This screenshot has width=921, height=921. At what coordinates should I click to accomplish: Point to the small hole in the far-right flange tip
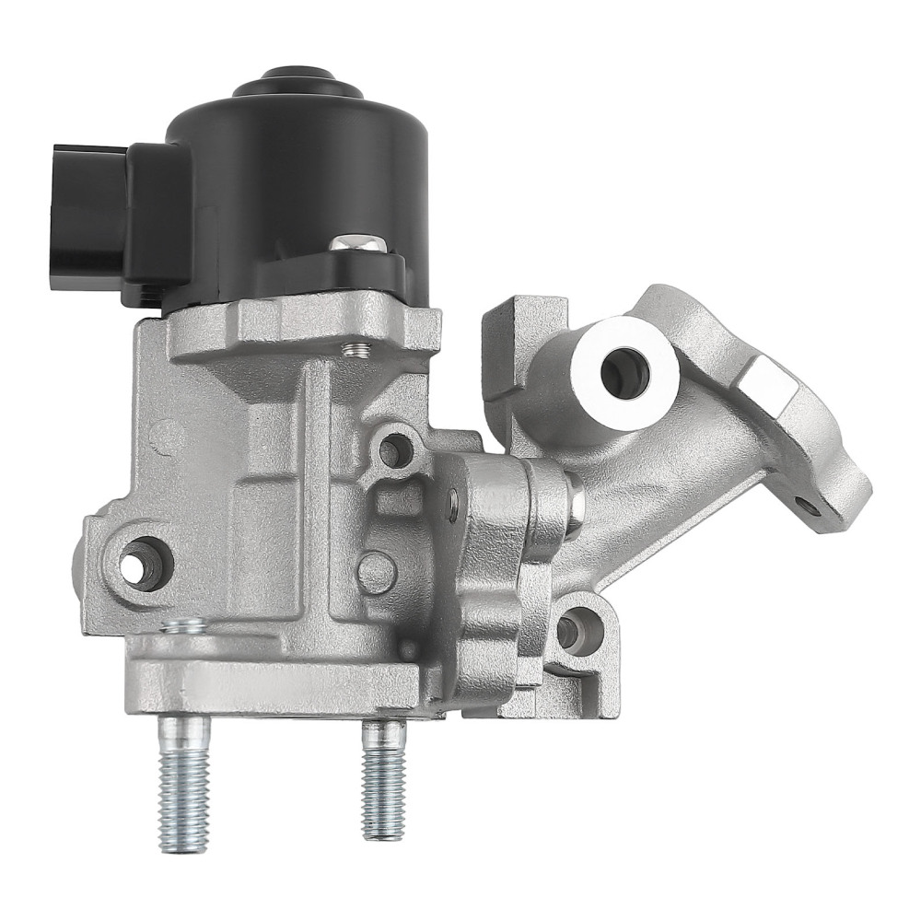[810, 504]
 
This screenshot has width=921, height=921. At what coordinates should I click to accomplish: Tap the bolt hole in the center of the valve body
[394, 450]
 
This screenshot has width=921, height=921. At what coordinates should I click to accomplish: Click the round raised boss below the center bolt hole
[377, 572]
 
